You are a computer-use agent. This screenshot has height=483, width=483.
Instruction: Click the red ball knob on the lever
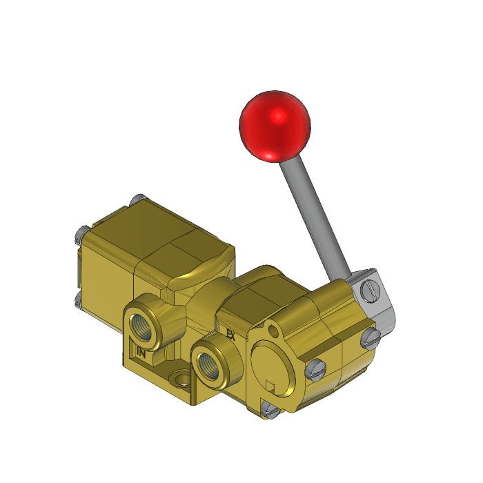(274, 125)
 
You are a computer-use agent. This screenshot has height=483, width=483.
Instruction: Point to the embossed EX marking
(231, 336)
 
